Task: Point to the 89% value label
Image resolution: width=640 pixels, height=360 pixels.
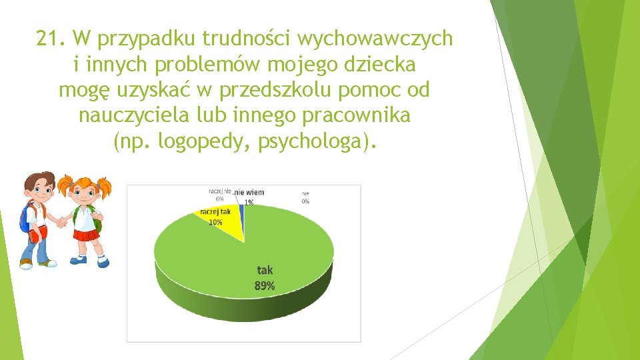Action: click(x=265, y=286)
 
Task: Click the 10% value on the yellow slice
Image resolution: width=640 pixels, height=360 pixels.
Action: click(x=215, y=222)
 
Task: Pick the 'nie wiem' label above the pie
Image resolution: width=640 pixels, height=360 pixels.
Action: click(x=249, y=193)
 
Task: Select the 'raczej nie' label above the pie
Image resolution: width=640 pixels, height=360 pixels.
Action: click(x=219, y=191)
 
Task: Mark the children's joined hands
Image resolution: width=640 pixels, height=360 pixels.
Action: click(x=61, y=221)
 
